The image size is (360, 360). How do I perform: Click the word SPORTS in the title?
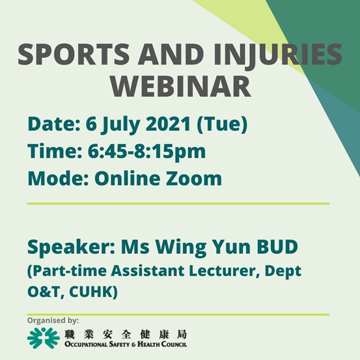74,54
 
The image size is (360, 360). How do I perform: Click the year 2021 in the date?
168,124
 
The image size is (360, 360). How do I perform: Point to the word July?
121,125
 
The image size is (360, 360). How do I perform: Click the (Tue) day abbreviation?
222,124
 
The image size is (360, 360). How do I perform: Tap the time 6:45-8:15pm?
146,152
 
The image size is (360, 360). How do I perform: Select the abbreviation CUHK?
93,292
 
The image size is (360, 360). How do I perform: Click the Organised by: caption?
53,321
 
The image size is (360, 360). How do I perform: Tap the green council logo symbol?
44,338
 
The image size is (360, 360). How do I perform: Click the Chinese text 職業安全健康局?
126,335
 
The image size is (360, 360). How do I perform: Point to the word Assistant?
148,271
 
